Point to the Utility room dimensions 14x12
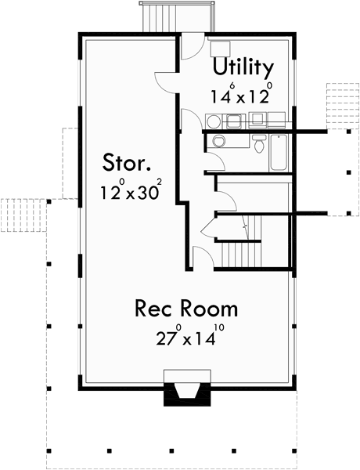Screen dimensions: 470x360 point(239,96)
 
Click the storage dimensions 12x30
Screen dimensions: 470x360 point(130,190)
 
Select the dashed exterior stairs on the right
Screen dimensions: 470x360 point(340,97)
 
